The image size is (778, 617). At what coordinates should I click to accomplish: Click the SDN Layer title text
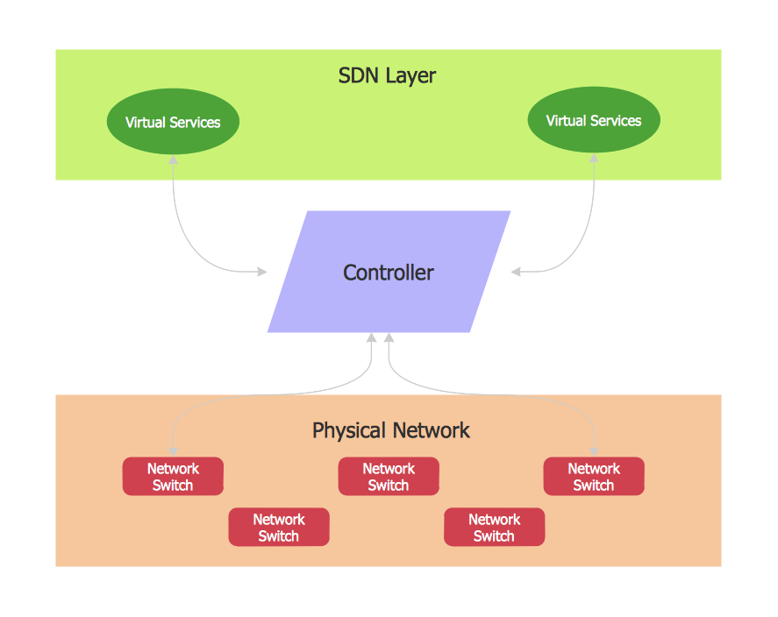pos(387,75)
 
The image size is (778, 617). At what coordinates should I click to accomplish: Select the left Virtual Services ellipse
pos(173,122)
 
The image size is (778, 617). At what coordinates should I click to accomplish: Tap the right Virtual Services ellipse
pos(594,120)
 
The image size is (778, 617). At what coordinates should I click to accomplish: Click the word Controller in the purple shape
pos(388,273)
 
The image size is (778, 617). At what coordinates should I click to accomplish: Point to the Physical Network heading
pos(391,430)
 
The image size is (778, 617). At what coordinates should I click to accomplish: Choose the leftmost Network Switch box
pos(173,476)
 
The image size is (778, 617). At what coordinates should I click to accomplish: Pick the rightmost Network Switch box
pos(594,476)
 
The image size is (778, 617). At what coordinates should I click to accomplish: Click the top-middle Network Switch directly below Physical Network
pos(389,476)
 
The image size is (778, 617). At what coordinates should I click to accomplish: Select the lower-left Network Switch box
pos(279,527)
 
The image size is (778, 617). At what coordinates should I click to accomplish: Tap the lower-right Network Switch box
pos(494,527)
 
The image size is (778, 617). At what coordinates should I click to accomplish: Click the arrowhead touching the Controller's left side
pos(261,272)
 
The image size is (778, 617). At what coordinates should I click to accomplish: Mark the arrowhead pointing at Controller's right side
pos(517,272)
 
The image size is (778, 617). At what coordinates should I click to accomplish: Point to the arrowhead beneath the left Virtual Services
pos(174,160)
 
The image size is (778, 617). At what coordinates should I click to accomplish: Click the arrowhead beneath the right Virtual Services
pos(594,159)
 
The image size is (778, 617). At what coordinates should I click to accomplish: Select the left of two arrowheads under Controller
pos(373,338)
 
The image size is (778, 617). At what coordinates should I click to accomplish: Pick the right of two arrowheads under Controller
pos(389,338)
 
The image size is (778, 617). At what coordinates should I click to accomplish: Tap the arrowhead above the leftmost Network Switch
pos(174,450)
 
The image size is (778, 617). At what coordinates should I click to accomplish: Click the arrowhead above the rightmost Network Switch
pos(595,450)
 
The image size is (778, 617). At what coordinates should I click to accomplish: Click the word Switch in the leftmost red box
pos(173,485)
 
